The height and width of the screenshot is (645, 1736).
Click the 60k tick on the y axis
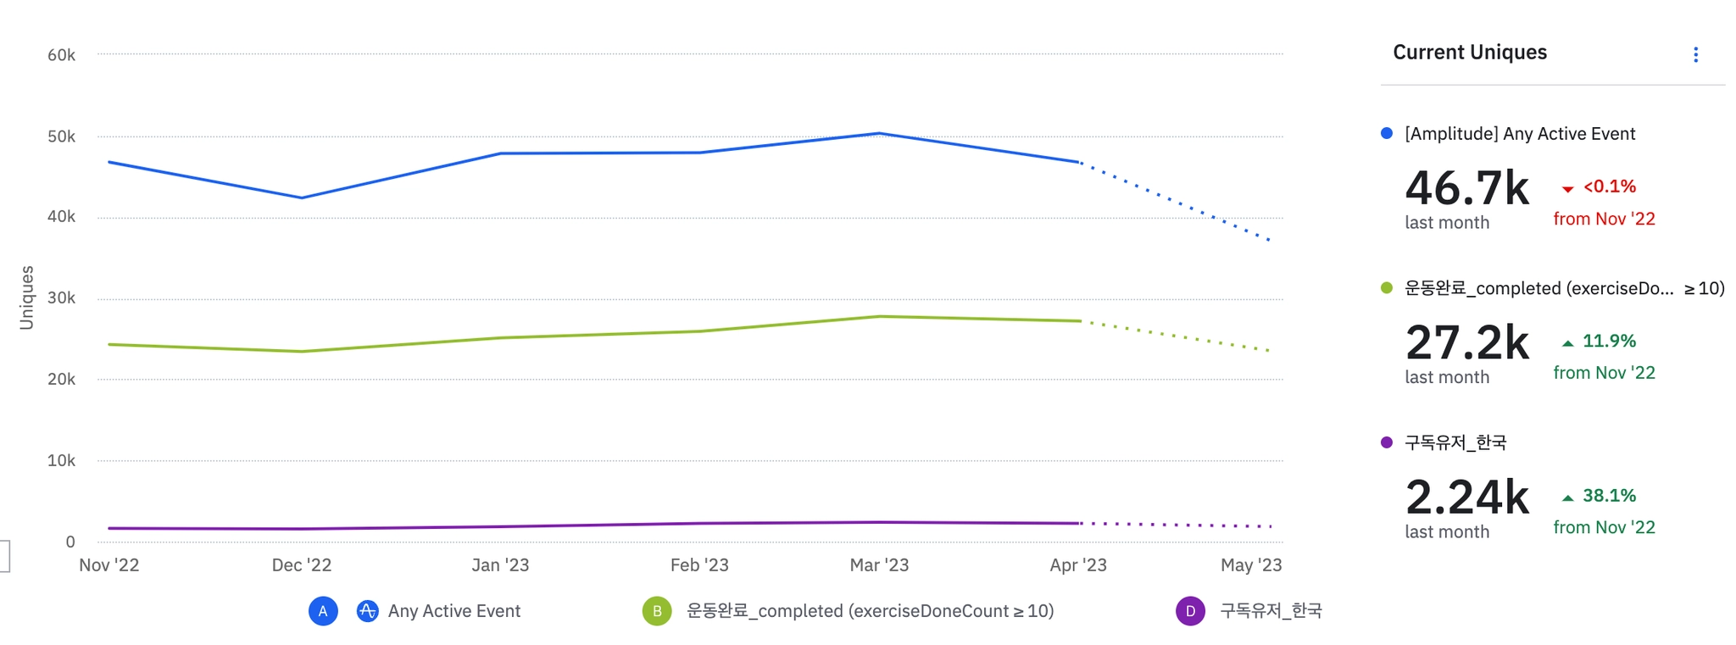coord(61,55)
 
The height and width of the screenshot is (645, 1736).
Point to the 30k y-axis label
coord(61,298)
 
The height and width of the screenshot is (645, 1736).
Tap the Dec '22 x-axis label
coord(301,565)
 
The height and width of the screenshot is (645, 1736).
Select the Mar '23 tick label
coord(879,565)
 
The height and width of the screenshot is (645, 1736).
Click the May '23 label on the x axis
coord(1250,565)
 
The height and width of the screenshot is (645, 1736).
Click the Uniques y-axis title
coord(27,297)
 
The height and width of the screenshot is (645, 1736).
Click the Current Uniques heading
coord(1469,53)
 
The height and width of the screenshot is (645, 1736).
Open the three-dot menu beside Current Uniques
coord(1695,55)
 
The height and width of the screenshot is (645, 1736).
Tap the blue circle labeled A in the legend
coord(323,611)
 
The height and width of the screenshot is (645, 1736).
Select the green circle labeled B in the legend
coord(657,611)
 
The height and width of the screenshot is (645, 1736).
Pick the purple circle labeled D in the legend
coord(1190,611)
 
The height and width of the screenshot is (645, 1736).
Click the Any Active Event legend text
coord(453,611)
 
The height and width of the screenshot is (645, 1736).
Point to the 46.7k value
coord(1466,188)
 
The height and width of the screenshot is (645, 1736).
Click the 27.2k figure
coord(1466,342)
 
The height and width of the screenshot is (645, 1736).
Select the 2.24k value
coord(1466,498)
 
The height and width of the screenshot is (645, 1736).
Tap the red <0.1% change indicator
coord(1608,186)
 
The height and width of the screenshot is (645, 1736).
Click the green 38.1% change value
coord(1608,496)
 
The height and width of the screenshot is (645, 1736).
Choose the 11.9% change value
coord(1608,342)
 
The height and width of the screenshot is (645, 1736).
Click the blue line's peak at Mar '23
coord(880,134)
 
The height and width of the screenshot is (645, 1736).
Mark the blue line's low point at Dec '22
coord(302,197)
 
